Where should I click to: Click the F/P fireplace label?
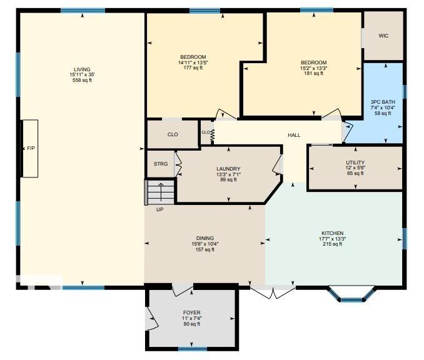[31, 149]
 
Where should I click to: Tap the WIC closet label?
[383, 36]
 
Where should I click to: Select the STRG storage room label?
[161, 164]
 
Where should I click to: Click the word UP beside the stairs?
[159, 209]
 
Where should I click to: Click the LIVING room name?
[82, 69]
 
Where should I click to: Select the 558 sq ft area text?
[82, 80]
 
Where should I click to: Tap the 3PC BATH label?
[382, 102]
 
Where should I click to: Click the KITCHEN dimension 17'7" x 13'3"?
[332, 239]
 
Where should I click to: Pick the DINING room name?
[205, 238]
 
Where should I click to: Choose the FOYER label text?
[191, 312]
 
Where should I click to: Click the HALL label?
[294, 135]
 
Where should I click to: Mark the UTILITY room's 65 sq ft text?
[355, 173]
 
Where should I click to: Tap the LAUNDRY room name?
[228, 169]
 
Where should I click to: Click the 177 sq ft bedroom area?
[191, 68]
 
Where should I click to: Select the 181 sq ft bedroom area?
[313, 73]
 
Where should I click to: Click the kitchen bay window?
[351, 296]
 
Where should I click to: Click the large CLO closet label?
[173, 134]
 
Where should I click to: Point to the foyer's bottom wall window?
[192, 348]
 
